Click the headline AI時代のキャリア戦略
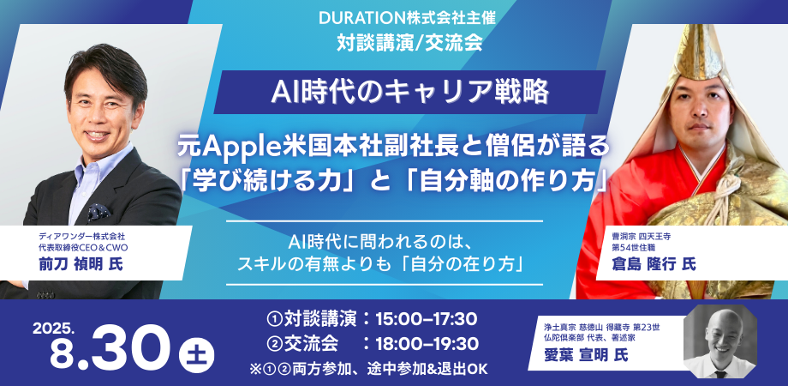409,92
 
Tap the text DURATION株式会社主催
407,19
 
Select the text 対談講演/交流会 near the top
409,43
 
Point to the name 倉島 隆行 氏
654,264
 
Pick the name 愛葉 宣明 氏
587,355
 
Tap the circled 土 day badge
196,355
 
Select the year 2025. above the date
54,329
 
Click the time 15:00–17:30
427,318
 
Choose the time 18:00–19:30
427,344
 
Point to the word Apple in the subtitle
234,148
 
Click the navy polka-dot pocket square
99,212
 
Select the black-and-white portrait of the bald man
719,341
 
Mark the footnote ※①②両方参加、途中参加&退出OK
368,368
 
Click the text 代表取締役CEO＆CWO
83,248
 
